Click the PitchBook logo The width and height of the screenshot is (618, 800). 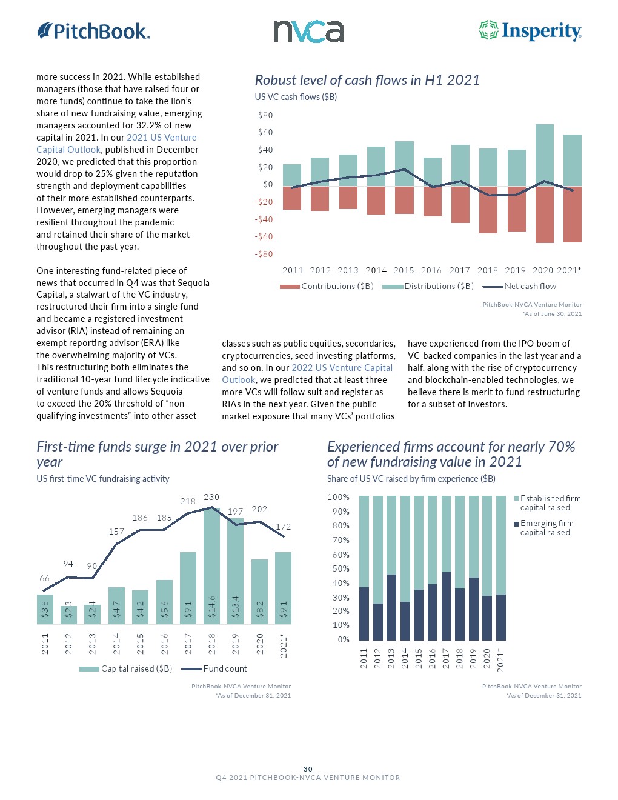tap(93, 31)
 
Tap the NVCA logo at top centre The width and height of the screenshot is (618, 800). tap(308, 31)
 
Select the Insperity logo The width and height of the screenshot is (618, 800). tap(530, 31)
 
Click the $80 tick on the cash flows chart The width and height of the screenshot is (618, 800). tap(265, 115)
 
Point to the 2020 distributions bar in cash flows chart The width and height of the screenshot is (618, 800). tap(544, 155)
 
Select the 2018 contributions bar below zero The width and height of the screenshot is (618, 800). tap(488, 210)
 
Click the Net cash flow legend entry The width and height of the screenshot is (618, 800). tap(519, 286)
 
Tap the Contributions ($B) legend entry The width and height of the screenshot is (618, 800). tap(327, 286)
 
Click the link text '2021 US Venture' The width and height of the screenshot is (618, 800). tap(161, 138)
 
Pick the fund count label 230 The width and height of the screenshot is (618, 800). tap(211, 497)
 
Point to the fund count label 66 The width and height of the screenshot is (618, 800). tap(44, 578)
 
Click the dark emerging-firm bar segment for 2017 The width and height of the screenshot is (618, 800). tap(446, 606)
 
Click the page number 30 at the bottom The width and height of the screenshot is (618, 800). tap(308, 768)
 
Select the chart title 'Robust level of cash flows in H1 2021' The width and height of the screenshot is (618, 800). tap(367, 80)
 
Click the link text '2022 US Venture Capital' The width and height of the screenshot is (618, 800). tap(342, 368)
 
